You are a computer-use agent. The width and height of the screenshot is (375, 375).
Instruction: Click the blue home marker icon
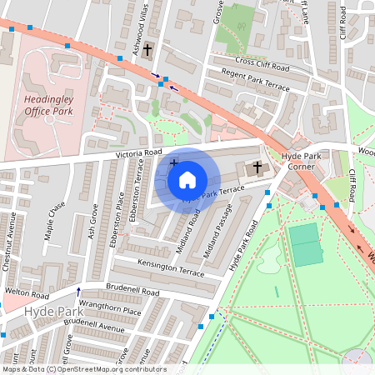point(187,179)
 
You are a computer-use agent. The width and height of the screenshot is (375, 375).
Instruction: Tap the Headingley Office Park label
point(50,104)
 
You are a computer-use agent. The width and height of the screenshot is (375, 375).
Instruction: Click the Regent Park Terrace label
point(255,81)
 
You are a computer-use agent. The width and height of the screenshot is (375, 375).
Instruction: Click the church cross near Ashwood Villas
point(147,49)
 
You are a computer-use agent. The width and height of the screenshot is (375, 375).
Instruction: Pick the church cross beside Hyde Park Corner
point(257,168)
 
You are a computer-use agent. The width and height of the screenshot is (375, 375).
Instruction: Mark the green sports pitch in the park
point(307,244)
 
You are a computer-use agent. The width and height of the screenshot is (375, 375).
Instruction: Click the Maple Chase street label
point(55,221)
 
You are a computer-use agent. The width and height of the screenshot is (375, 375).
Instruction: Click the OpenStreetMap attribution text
point(83,369)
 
